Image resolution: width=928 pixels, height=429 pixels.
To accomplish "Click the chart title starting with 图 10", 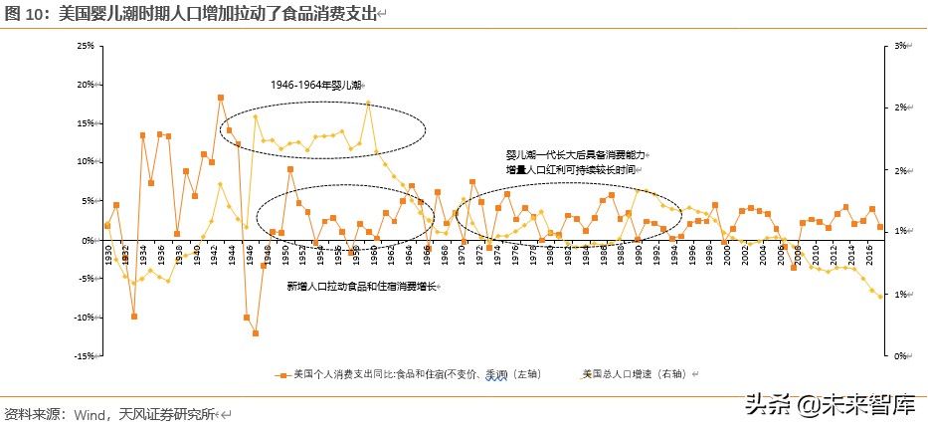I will [x=195, y=12].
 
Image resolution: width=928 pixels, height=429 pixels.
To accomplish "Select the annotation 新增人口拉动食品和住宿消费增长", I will [x=362, y=287].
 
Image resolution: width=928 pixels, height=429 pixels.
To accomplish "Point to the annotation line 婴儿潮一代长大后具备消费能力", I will [x=575, y=155].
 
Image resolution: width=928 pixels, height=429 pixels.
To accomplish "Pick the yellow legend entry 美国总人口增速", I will [x=629, y=374].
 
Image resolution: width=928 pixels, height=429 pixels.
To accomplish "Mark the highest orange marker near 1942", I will [x=220, y=98].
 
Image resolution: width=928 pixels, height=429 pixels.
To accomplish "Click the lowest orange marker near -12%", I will [x=255, y=333].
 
